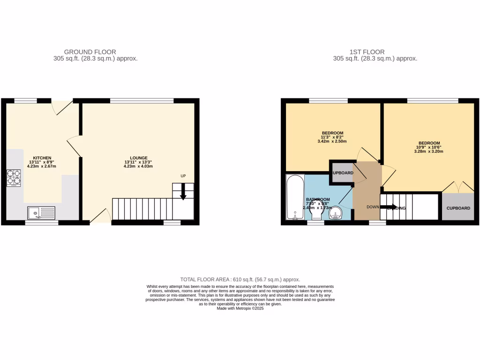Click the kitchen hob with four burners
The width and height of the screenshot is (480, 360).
(13, 178)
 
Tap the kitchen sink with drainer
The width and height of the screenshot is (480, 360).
(41, 213)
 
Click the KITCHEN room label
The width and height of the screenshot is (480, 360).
(42, 157)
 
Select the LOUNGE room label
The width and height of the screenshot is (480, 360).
(139, 157)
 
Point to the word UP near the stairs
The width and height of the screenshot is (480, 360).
(183, 176)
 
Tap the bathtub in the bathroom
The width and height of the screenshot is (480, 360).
(295, 197)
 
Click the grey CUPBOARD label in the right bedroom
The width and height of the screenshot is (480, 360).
(458, 208)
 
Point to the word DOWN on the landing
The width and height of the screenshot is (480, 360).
(373, 207)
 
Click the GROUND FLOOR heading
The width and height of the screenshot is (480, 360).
(90, 52)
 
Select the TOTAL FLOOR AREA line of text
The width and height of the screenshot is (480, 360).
(240, 279)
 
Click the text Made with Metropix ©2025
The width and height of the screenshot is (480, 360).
(240, 308)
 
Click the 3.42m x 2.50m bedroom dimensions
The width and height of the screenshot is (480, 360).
(332, 141)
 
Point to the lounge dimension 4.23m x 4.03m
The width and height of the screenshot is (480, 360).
(139, 166)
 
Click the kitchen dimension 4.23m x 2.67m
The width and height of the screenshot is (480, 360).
(42, 166)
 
